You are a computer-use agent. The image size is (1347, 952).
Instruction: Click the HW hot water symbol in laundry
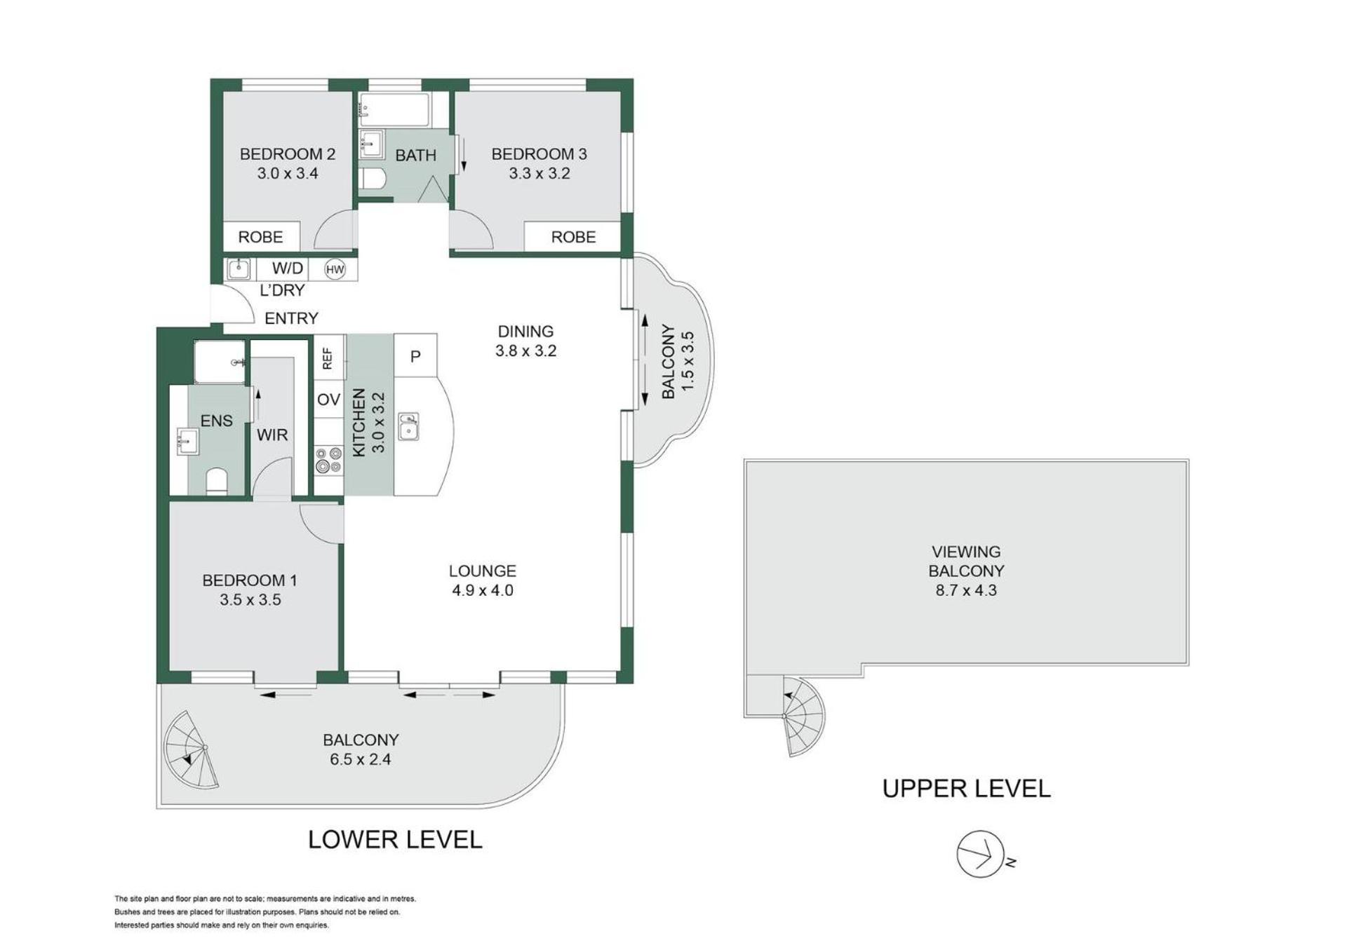tap(335, 269)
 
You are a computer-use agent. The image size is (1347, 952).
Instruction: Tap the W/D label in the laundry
tap(288, 268)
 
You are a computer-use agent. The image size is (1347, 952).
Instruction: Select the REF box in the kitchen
tap(328, 358)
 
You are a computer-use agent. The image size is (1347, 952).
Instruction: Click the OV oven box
tap(328, 400)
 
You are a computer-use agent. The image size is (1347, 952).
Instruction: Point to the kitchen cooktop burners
tap(328, 461)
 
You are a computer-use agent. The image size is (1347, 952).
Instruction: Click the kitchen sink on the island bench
tap(408, 426)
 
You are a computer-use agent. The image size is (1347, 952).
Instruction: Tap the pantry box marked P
tap(415, 356)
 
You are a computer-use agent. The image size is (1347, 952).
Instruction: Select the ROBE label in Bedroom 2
tap(260, 237)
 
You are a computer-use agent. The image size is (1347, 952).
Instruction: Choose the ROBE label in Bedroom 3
tap(573, 237)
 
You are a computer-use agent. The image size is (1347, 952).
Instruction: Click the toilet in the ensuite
tap(217, 482)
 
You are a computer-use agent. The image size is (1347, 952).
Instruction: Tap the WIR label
tap(272, 435)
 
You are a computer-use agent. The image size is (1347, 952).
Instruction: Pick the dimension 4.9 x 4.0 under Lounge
tap(483, 590)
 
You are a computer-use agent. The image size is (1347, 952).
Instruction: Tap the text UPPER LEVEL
tap(966, 789)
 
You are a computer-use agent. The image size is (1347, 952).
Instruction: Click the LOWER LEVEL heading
tap(395, 840)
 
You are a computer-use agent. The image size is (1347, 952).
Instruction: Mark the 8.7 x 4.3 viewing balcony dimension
tap(966, 590)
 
